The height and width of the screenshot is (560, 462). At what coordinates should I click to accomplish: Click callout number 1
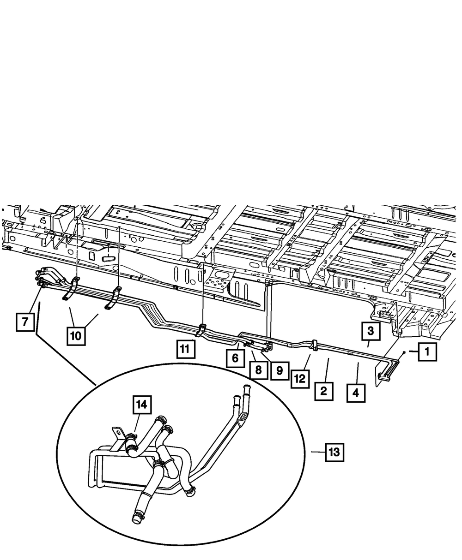[426, 353]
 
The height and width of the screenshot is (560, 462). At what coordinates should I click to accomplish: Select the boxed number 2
[323, 392]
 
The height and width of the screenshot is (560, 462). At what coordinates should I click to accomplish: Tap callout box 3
[371, 331]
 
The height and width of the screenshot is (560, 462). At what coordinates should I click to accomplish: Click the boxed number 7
[25, 321]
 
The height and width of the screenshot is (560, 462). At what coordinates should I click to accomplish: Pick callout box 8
[258, 370]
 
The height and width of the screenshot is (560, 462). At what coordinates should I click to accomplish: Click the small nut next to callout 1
[404, 352]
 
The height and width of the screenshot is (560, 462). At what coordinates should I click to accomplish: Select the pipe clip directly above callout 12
[313, 345]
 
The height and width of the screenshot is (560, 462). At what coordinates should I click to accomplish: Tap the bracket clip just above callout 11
[202, 329]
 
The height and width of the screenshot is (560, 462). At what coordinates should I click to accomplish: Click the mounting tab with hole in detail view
[119, 433]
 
